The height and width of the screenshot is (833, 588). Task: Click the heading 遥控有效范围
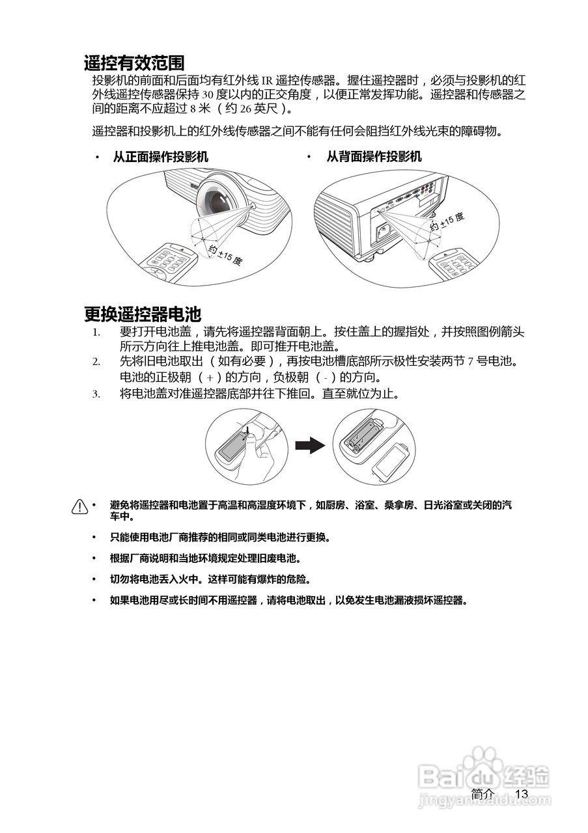coord(134,63)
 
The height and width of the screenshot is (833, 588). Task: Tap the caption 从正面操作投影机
coord(160,157)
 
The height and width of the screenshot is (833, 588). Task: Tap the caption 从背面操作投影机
coord(373,157)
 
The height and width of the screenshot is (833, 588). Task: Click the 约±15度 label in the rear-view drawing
coord(447,221)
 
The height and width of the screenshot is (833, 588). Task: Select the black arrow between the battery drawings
coord(309,446)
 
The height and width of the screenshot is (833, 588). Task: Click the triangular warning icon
coord(79,506)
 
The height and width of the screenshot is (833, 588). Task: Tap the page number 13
coord(521,794)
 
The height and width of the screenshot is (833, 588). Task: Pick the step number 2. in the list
coord(96,361)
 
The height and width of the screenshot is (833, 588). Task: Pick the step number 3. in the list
coord(96,394)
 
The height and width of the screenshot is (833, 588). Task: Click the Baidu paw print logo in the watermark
coord(482,762)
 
